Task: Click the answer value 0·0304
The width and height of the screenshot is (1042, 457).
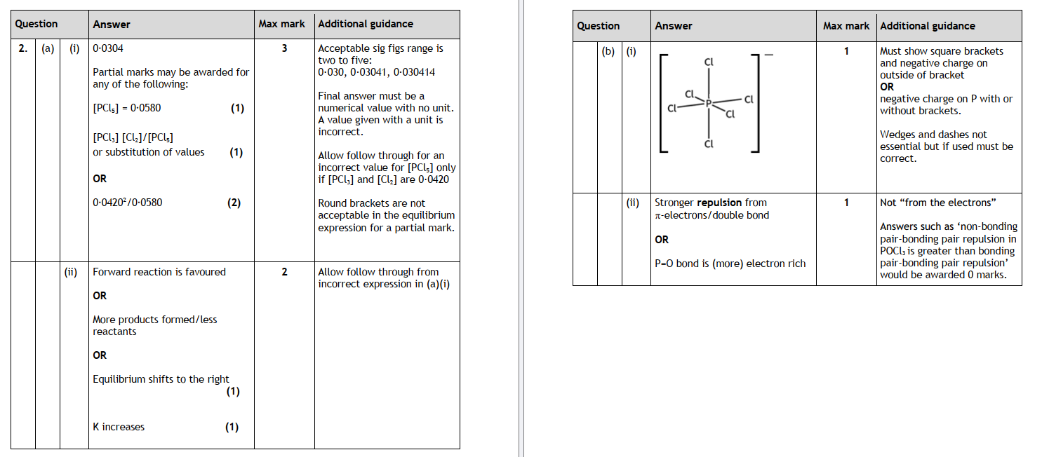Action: [x=108, y=48]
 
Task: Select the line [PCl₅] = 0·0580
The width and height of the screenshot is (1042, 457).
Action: [x=126, y=108]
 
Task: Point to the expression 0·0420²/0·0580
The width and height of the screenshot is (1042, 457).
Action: [x=127, y=203]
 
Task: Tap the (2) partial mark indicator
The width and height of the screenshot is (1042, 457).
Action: [x=234, y=203]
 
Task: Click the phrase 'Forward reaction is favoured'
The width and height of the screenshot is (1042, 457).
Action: [x=159, y=272]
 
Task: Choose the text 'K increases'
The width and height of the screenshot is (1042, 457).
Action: [x=119, y=427]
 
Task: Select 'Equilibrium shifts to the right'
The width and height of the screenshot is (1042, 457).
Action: [x=161, y=379]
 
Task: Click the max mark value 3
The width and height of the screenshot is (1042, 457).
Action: [x=284, y=48]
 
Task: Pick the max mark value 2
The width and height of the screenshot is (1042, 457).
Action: [x=284, y=272]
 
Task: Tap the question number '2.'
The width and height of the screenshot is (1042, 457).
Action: [x=23, y=48]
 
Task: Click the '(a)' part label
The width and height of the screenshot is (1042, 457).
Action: [x=48, y=48]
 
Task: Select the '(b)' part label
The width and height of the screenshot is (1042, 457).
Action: [x=609, y=51]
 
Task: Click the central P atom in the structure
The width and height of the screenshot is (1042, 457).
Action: [x=709, y=103]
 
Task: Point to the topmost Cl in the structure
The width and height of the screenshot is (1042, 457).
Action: [x=709, y=62]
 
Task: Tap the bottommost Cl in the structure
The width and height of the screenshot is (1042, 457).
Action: [x=709, y=144]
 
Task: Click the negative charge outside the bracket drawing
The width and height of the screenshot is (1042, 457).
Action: [x=768, y=56]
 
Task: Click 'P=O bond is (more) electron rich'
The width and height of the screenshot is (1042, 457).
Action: [x=730, y=264]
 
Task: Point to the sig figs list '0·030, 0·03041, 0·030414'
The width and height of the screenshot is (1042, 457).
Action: [x=376, y=72]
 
